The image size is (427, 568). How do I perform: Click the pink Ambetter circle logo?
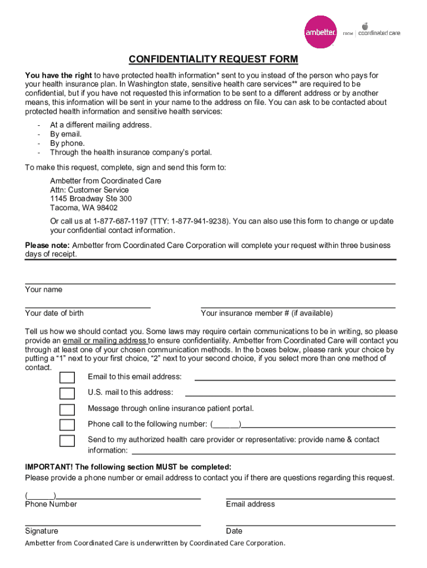pyautogui.click(x=321, y=32)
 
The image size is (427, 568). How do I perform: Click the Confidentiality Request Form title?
pyautogui.click(x=213, y=59)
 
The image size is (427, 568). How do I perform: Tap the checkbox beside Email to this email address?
pyautogui.click(x=67, y=378)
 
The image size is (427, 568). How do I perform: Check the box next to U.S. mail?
pyautogui.click(x=67, y=394)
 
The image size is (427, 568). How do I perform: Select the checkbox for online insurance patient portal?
pyautogui.click(x=67, y=410)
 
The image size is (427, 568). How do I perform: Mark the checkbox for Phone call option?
pyautogui.click(x=67, y=425)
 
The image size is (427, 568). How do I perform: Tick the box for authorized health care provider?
pyautogui.click(x=67, y=442)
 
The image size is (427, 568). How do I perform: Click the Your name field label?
pyautogui.click(x=44, y=290)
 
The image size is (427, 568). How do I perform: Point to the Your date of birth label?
pyautogui.click(x=54, y=313)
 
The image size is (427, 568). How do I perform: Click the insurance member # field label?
pyautogui.click(x=259, y=313)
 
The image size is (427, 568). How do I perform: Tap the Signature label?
pyautogui.click(x=42, y=531)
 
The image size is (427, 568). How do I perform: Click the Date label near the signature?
pyautogui.click(x=234, y=531)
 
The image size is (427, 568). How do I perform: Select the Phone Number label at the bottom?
pyautogui.click(x=51, y=504)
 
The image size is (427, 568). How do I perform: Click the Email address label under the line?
pyautogui.click(x=250, y=504)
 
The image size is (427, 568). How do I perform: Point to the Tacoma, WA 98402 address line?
pyautogui.click(x=84, y=207)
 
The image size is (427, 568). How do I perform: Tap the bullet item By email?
pyautogui.click(x=66, y=134)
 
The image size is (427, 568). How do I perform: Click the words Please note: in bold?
pyautogui.click(x=47, y=245)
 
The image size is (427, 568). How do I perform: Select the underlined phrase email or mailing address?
pyautogui.click(x=105, y=341)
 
